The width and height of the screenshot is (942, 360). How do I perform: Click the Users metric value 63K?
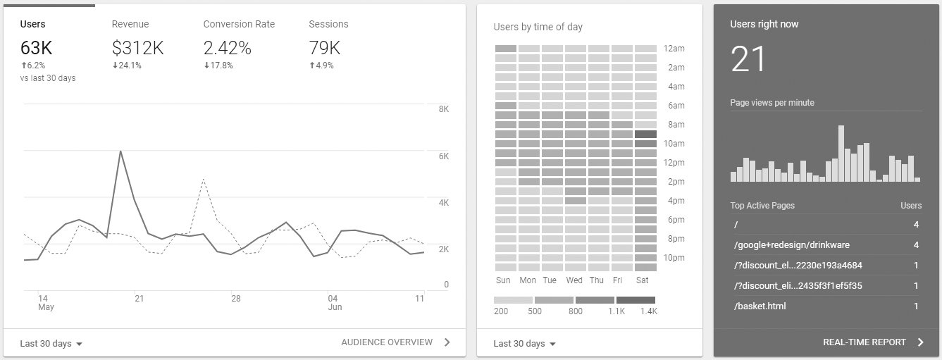pyautogui.click(x=36, y=48)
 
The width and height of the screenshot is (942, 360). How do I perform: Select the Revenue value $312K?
pyautogui.click(x=137, y=48)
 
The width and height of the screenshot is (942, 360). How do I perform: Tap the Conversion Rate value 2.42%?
pyautogui.click(x=227, y=48)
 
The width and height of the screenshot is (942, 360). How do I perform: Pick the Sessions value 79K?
pyautogui.click(x=324, y=48)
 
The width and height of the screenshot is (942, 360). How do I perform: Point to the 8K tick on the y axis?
pyautogui.click(x=443, y=109)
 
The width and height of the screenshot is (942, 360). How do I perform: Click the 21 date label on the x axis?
pyautogui.click(x=140, y=299)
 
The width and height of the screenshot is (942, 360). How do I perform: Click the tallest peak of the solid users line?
pyautogui.click(x=120, y=151)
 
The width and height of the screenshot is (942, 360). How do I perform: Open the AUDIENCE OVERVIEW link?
pyautogui.click(x=387, y=342)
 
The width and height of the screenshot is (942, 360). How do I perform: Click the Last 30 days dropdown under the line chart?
pyautogui.click(x=51, y=344)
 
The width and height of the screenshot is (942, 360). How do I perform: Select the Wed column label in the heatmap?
pyautogui.click(x=574, y=280)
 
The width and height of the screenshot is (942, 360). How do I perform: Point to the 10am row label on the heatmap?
pyautogui.click(x=674, y=144)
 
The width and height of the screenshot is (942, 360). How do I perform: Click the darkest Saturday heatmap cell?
pyautogui.click(x=645, y=134)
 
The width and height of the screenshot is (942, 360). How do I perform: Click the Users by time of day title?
pyautogui.click(x=538, y=27)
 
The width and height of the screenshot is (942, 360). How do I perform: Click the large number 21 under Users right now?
pyautogui.click(x=748, y=58)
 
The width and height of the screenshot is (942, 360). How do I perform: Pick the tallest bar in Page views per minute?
pyautogui.click(x=841, y=154)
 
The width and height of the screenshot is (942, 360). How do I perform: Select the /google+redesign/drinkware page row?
pyautogui.click(x=791, y=245)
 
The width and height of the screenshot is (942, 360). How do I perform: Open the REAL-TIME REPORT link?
pyautogui.click(x=864, y=342)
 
